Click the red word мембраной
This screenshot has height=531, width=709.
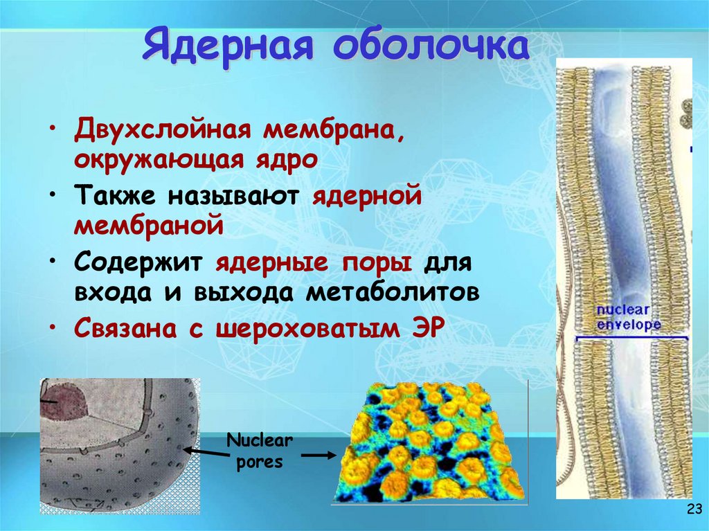coord(149,226)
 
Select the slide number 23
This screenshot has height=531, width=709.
coord(692,510)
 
